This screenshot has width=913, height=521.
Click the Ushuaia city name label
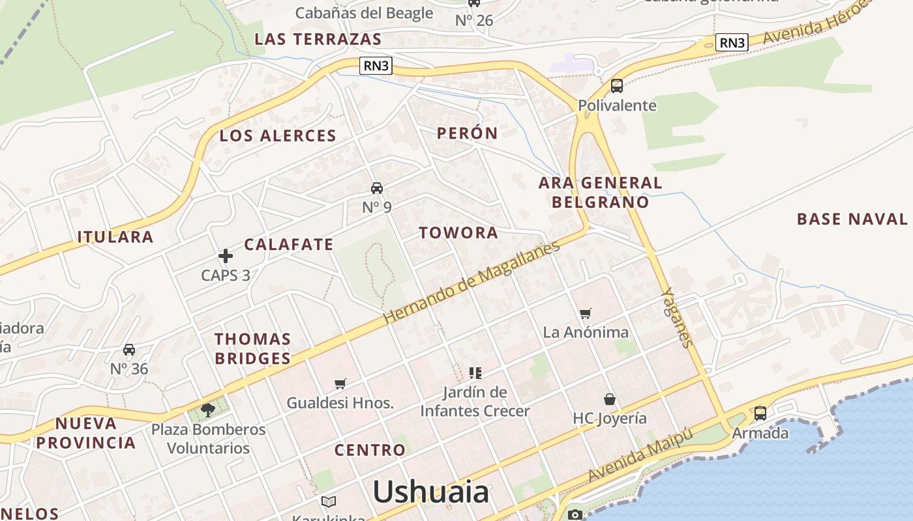coord(430,492)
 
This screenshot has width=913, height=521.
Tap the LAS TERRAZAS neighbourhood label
coord(318,39)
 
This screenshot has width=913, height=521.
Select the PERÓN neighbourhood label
coord(467,134)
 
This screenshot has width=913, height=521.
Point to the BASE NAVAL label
coord(852,219)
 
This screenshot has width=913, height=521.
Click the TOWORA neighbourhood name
coord(458,232)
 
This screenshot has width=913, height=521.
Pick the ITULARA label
coord(115,237)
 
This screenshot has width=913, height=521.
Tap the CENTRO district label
coord(370,450)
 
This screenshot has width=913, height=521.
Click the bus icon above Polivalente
coord(616,85)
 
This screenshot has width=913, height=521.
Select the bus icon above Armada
coord(760,413)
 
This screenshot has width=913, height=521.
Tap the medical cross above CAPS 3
coord(226,256)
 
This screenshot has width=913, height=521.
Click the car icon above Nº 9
coord(376,188)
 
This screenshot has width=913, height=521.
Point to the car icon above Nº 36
coord(129,350)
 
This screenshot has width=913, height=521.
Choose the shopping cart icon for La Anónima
coord(585,313)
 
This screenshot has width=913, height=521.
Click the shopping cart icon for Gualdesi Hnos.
coord(340,384)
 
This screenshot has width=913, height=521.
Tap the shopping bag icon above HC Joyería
coord(609,399)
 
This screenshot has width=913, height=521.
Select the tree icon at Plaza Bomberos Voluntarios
coord(208,410)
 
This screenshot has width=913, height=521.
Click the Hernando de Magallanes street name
coord(471,283)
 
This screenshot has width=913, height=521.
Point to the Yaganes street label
coord(676,317)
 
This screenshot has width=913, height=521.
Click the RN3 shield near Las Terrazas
coord(376,65)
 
